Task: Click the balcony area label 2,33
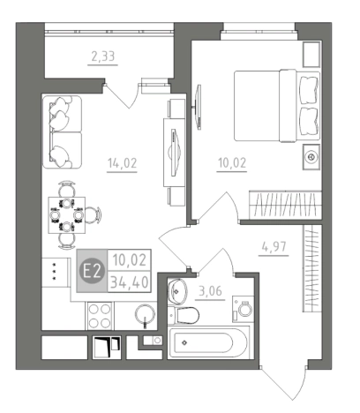[x=103, y=56]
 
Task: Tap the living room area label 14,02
[x=123, y=162]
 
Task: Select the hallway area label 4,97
[x=274, y=246]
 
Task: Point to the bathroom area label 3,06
[x=210, y=291]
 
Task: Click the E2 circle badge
[x=93, y=271]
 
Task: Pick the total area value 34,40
[x=130, y=282]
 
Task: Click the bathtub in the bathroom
[x=208, y=342]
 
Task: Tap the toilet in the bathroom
[x=184, y=315]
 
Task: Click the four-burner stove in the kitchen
[x=100, y=316]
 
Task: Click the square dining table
[x=67, y=215]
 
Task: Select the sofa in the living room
[x=62, y=132]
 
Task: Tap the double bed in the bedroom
[x=277, y=106]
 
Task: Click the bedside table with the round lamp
[x=311, y=157]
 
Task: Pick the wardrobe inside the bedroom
[x=285, y=205]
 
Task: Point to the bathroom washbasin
[x=177, y=291]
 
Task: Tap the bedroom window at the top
[x=259, y=31]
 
